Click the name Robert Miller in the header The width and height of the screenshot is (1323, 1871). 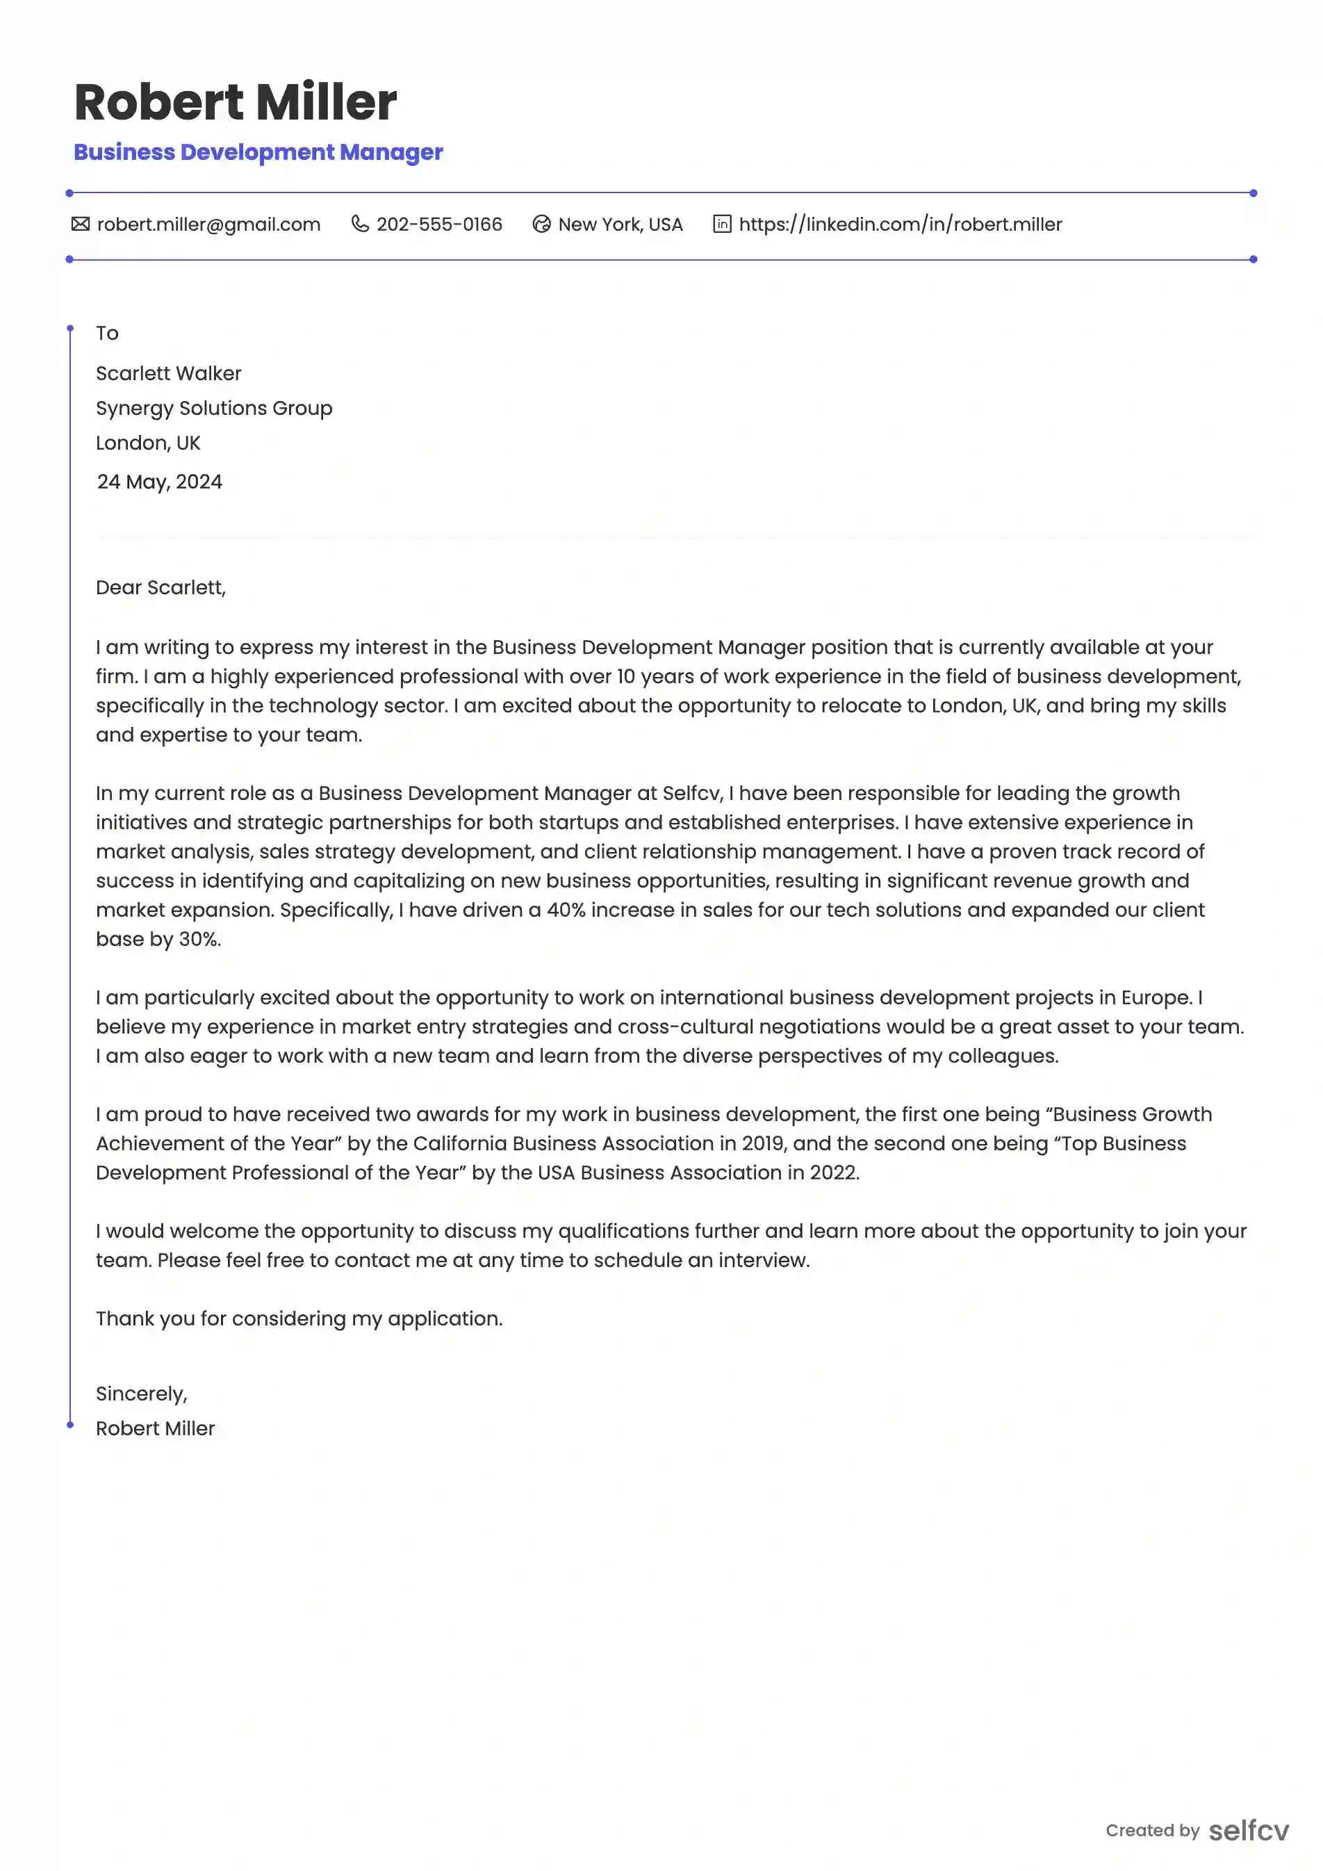(x=235, y=103)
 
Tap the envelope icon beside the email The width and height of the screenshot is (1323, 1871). (x=80, y=224)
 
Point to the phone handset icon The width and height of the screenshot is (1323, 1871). (x=359, y=224)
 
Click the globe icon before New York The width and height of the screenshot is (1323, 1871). (x=541, y=224)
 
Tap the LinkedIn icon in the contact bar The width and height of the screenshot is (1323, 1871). (x=722, y=224)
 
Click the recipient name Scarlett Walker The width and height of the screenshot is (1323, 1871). (x=169, y=374)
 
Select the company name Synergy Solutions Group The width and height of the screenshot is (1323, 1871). (x=214, y=408)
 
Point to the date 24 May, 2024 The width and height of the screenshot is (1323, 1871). (x=160, y=482)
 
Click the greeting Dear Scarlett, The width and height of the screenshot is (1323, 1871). (x=161, y=587)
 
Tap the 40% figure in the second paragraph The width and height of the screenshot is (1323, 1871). (x=566, y=910)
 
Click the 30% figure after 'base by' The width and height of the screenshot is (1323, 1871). (x=199, y=940)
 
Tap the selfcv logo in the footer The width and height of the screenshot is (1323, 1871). (x=1248, y=1831)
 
